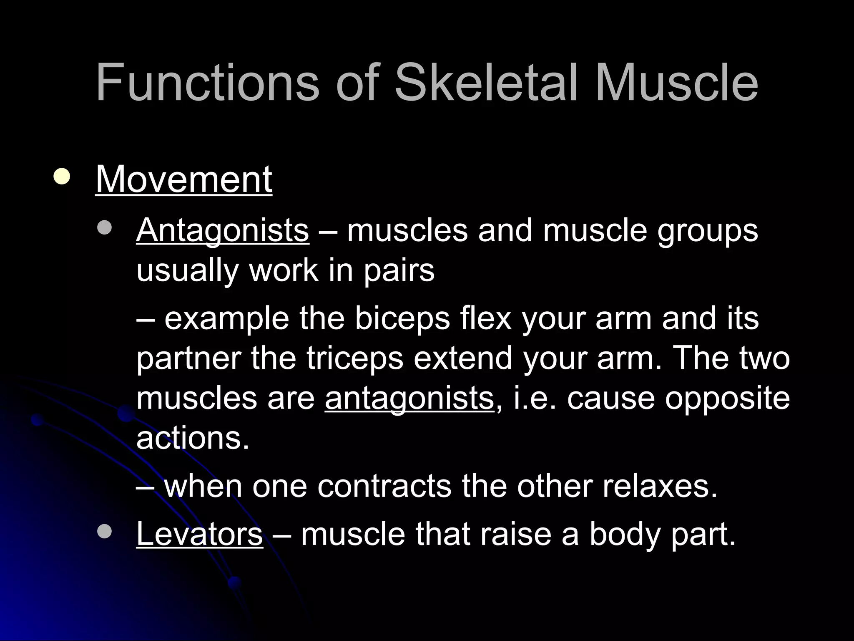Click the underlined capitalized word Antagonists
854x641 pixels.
(223, 230)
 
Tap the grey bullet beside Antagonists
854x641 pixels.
(104, 228)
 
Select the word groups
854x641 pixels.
(708, 232)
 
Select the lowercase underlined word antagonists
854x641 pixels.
(409, 399)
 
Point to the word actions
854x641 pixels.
(193, 438)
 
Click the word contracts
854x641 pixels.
(384, 487)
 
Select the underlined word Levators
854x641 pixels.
(199, 534)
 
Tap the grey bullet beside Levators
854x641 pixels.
(104, 531)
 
